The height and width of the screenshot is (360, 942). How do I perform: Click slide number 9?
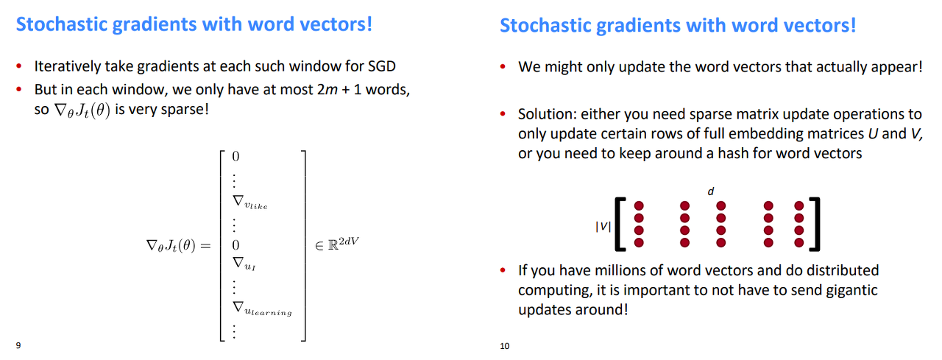[x=18, y=345]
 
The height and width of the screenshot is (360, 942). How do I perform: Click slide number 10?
[x=505, y=346]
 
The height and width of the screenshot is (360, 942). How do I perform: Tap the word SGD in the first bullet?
[x=382, y=66]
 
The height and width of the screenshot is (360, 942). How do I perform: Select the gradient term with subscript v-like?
[x=250, y=202]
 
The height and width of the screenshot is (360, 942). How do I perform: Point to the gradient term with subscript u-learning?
[x=262, y=308]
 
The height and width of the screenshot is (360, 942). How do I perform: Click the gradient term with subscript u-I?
[x=244, y=264]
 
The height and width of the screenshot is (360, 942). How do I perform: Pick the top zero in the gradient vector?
[x=235, y=157]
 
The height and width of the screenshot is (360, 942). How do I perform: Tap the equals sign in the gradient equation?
[x=205, y=246]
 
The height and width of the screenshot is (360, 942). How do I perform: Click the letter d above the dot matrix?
[x=711, y=191]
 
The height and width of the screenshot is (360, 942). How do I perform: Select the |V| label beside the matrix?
[x=603, y=227]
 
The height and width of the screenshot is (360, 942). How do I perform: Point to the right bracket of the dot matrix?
[x=815, y=224]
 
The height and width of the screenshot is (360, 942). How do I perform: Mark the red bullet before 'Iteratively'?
[x=18, y=66]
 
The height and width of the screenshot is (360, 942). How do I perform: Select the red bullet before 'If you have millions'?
[x=503, y=270]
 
